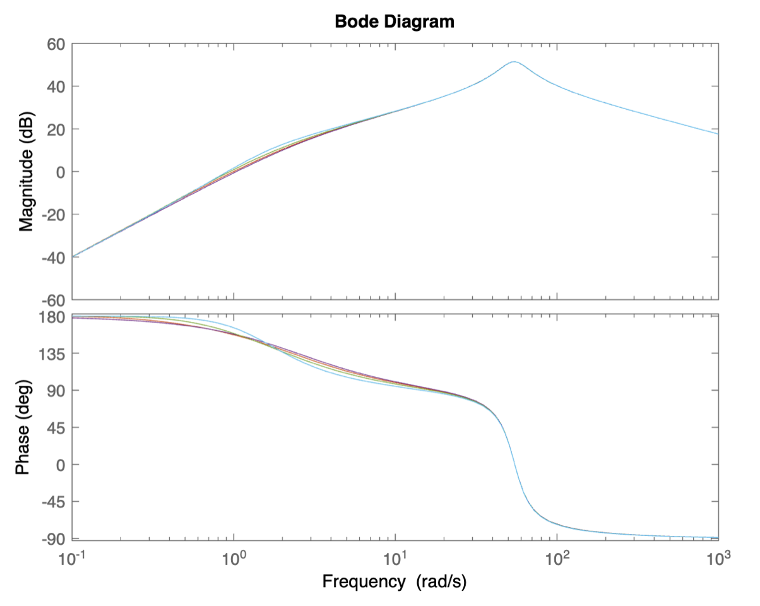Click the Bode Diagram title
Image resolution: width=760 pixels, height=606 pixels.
pos(395,21)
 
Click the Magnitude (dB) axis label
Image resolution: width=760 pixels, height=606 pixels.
pos(26,172)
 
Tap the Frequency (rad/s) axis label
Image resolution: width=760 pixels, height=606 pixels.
pos(395,581)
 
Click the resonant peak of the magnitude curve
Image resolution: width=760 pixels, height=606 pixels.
pos(514,62)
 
